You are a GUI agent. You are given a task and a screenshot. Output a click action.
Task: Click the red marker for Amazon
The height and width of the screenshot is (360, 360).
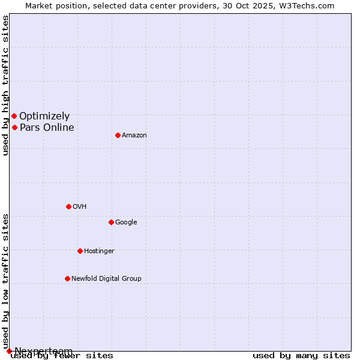(118, 135)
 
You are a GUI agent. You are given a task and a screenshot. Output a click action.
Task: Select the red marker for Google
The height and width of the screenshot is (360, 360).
(111, 222)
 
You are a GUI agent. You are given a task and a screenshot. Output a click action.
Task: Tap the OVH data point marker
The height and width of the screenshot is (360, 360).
(68, 206)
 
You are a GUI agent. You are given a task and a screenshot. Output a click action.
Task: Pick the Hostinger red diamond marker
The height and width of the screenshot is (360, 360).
(80, 251)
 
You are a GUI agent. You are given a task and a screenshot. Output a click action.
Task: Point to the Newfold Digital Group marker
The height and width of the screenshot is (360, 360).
(67, 278)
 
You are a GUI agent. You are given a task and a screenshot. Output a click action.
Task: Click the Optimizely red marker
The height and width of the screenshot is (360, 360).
(14, 116)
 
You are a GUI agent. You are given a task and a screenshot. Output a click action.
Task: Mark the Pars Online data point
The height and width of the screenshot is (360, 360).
(14, 127)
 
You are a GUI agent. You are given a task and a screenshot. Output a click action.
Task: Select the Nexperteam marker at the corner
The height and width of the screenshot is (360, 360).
(9, 351)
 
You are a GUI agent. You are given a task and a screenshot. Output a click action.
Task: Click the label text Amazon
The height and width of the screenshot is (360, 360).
(134, 136)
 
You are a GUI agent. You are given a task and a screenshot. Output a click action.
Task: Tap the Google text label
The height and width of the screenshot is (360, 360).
(126, 223)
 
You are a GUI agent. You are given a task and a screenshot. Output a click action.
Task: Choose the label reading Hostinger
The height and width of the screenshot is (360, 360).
(99, 251)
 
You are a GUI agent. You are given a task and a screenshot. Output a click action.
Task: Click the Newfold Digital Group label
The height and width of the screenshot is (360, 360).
(106, 279)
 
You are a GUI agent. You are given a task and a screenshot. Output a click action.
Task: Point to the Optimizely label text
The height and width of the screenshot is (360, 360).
(44, 116)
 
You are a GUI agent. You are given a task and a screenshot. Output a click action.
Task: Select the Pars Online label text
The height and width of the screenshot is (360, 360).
(47, 128)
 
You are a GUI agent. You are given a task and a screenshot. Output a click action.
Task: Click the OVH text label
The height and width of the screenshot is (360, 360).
(80, 207)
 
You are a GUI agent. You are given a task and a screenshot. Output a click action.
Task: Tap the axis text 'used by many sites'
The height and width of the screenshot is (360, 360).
(301, 356)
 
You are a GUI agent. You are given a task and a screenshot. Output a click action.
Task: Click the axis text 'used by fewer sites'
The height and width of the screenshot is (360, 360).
(62, 356)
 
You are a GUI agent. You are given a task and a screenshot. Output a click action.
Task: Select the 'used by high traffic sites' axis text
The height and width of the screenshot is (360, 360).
(6, 85)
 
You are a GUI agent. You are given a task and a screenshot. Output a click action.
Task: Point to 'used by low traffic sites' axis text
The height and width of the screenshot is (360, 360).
(6, 281)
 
